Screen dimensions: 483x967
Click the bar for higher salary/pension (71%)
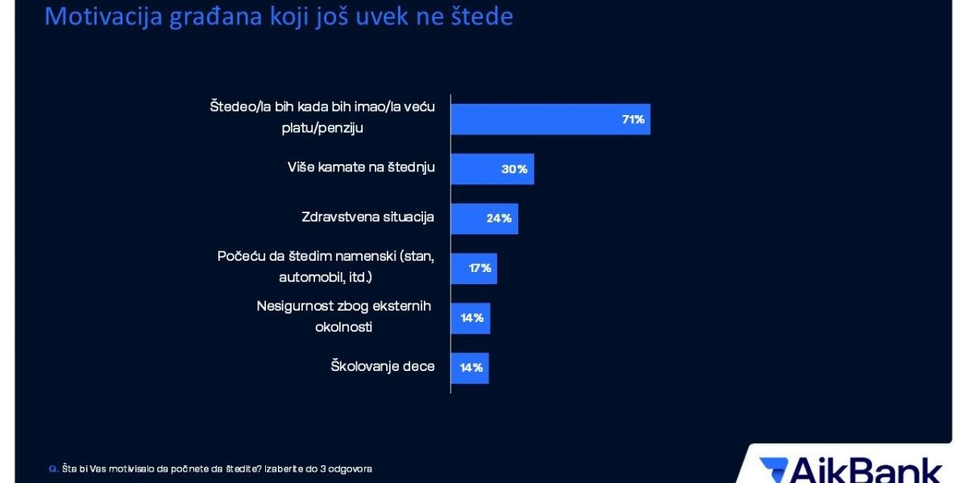point(550,119)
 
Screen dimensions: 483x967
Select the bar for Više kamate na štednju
point(492,169)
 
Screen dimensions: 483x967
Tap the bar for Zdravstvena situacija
point(483,218)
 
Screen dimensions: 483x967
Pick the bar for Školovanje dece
point(469,367)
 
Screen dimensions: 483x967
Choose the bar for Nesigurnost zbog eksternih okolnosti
point(470,318)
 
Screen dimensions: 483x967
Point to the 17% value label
point(480,268)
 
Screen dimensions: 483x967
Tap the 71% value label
point(633,119)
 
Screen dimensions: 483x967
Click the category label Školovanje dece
point(382,367)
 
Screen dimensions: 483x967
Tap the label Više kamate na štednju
point(361,168)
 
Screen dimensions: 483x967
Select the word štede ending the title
point(481,16)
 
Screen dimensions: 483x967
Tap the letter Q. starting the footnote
point(53,469)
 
